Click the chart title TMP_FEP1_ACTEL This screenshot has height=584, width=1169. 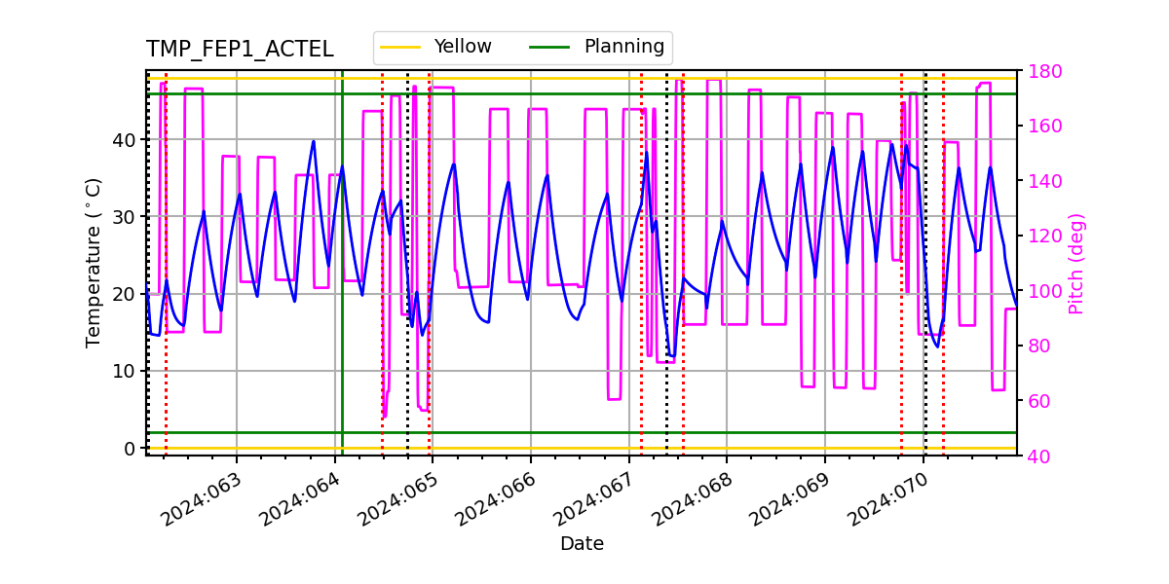click(240, 50)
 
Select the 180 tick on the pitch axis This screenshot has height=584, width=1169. click(1039, 71)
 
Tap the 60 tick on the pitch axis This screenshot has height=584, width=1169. click(1036, 401)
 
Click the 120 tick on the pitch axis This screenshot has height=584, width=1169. click(1039, 237)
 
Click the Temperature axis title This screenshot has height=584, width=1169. click(94, 262)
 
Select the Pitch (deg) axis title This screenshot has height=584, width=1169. click(1076, 263)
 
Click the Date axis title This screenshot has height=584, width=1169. click(582, 544)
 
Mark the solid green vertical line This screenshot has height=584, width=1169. click(342, 292)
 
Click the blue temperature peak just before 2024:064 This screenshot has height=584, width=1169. click(314, 141)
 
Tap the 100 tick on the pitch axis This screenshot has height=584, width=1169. click(1039, 291)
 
